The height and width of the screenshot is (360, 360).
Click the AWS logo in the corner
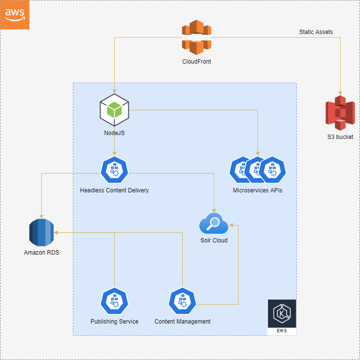pos(15,15)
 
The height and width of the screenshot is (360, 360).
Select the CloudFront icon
pos(197,37)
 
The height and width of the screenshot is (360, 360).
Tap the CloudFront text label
pos(197,62)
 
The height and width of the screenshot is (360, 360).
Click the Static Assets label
pos(316,32)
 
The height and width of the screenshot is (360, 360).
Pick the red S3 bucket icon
pos(340,113)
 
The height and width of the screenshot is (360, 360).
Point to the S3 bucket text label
pos(340,137)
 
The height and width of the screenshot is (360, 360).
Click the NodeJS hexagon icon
pos(115,109)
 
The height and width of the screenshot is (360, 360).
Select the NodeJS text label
pos(115,133)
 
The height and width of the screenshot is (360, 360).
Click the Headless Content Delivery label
pos(115,190)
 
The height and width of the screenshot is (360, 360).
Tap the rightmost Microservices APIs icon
pos(273,171)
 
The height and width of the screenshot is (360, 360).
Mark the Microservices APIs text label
pos(257,190)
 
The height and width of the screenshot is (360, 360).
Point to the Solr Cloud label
pos(214,240)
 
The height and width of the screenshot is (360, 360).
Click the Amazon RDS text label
pos(41,253)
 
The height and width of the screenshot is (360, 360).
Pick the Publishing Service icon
pos(115,302)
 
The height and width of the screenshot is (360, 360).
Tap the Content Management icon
pos(182,302)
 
